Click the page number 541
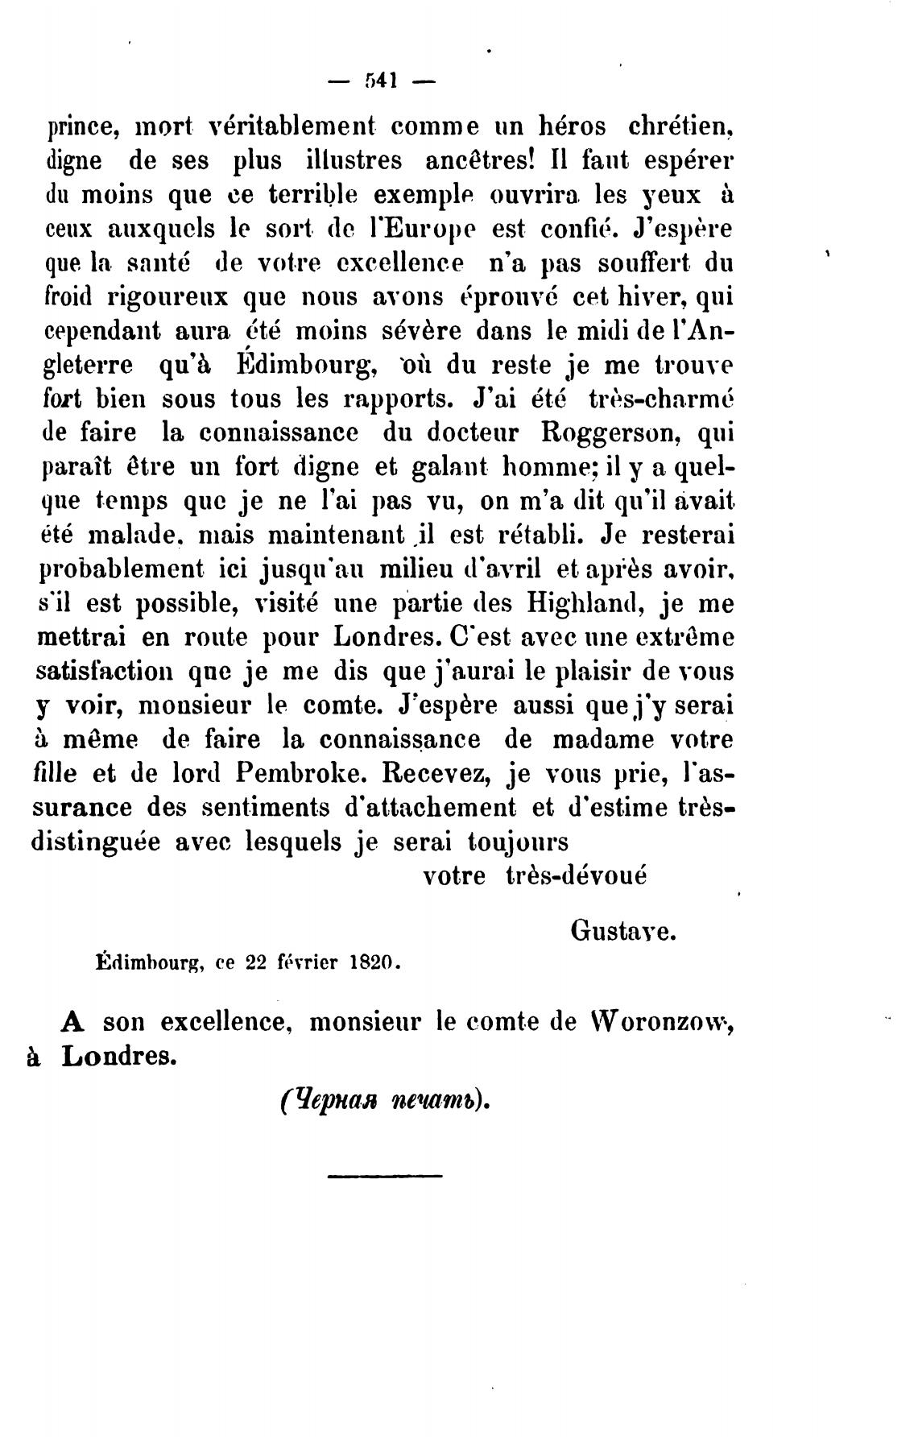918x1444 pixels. (383, 81)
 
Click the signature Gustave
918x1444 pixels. (623, 931)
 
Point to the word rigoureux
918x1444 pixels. (167, 296)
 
